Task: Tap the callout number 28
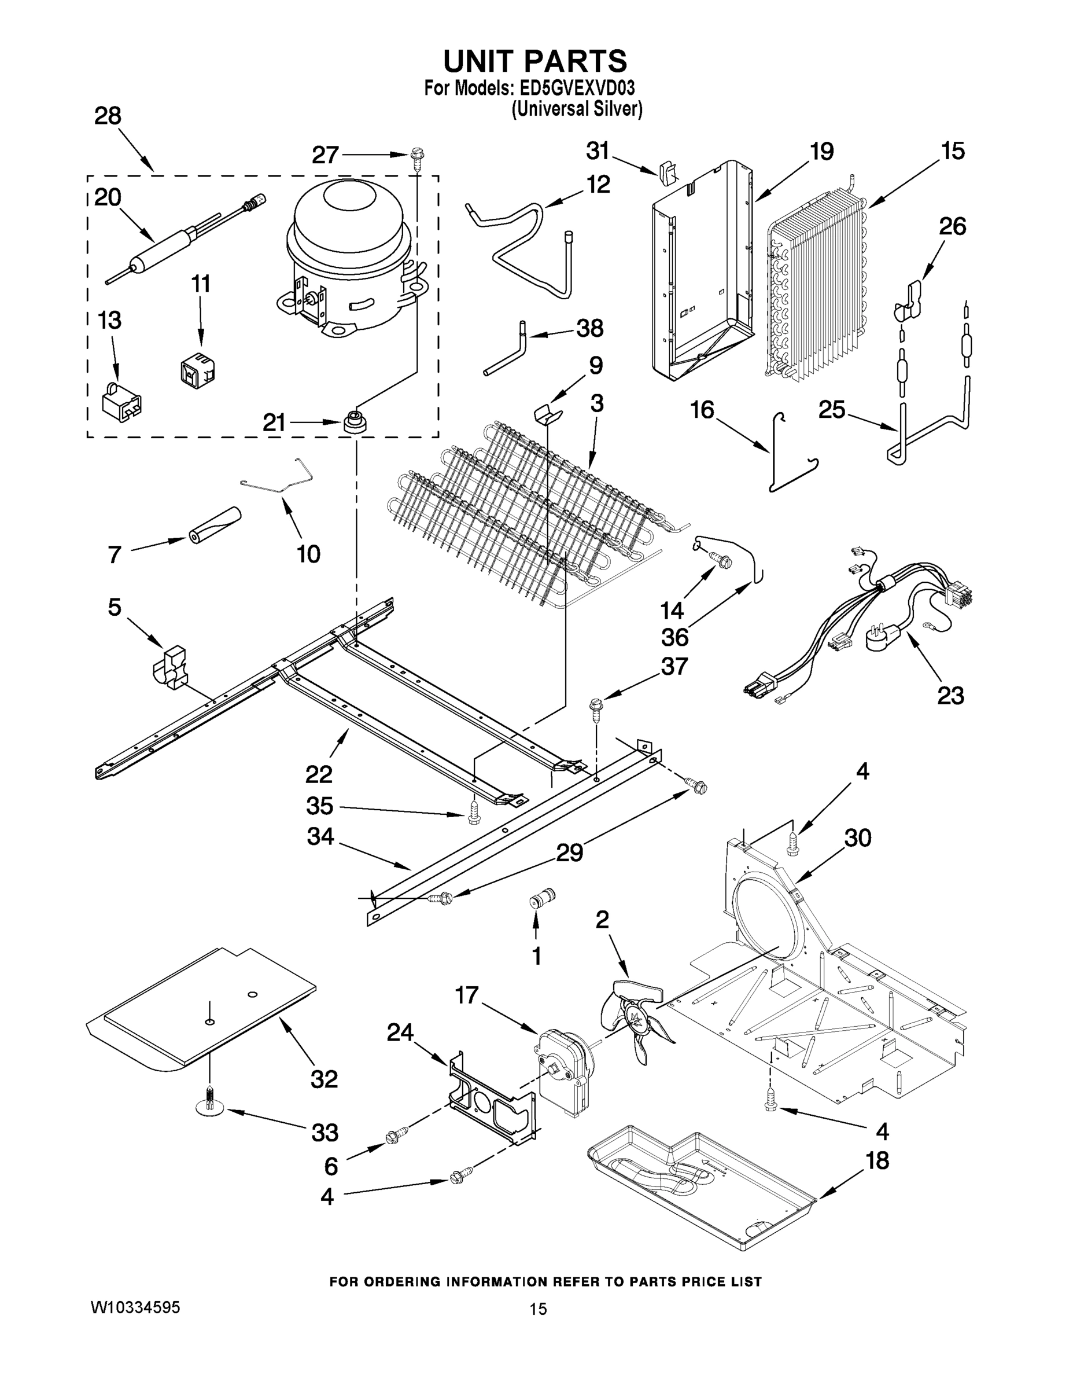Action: [x=108, y=116]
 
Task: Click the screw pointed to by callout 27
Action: [x=417, y=155]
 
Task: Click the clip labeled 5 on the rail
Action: [x=169, y=667]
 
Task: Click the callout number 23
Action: [x=950, y=696]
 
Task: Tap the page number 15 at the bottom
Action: [x=538, y=1309]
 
